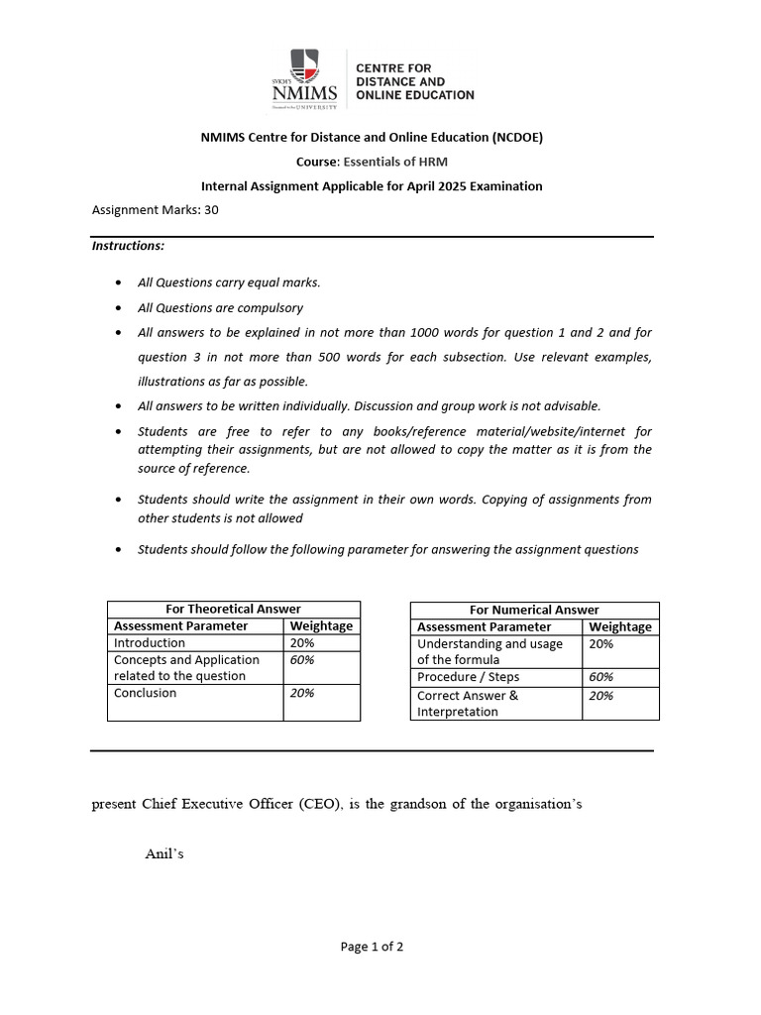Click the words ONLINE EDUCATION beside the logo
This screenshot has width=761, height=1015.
pyautogui.click(x=414, y=95)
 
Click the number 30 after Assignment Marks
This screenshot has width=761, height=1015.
pyautogui.click(x=211, y=210)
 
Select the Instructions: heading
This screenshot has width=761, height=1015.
pyautogui.click(x=128, y=246)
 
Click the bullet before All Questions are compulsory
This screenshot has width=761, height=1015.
pyautogui.click(x=119, y=308)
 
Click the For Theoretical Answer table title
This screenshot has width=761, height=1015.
pyautogui.click(x=233, y=609)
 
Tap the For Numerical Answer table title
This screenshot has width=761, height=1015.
pyautogui.click(x=534, y=610)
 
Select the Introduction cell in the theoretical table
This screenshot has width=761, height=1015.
pyautogui.click(x=150, y=642)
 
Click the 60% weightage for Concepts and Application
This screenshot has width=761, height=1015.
pyautogui.click(x=302, y=660)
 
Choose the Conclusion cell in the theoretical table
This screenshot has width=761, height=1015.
pyautogui.click(x=146, y=693)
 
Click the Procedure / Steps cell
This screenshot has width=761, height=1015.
pyautogui.click(x=469, y=677)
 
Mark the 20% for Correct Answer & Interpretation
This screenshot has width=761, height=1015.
pyautogui.click(x=601, y=696)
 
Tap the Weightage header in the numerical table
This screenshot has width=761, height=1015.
pyautogui.click(x=620, y=626)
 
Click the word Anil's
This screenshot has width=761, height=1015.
pyautogui.click(x=165, y=854)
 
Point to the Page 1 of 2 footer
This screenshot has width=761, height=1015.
pyautogui.click(x=372, y=947)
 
